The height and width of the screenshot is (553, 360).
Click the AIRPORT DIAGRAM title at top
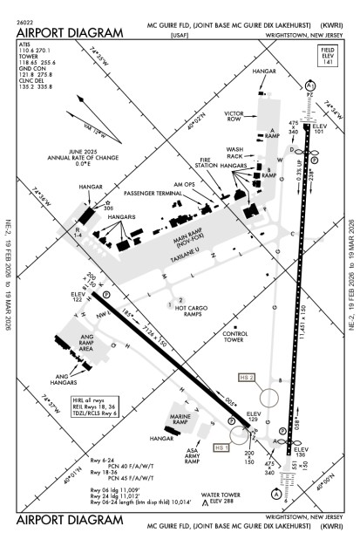(70, 33)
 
